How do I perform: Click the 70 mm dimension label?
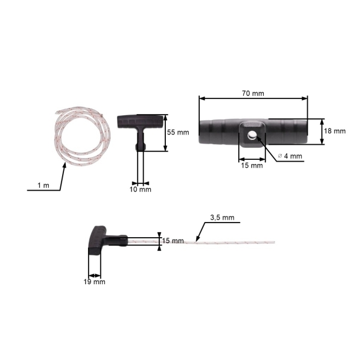(x=253, y=94)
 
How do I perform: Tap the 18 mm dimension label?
(x=335, y=131)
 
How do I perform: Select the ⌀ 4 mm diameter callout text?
(x=290, y=156)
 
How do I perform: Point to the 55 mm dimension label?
(x=178, y=132)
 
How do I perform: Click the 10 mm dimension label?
(x=141, y=189)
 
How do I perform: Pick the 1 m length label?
(x=43, y=185)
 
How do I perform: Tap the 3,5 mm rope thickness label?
(x=222, y=217)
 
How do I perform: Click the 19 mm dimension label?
(x=95, y=282)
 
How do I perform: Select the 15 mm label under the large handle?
(x=252, y=165)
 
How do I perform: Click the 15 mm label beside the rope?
(x=173, y=241)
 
